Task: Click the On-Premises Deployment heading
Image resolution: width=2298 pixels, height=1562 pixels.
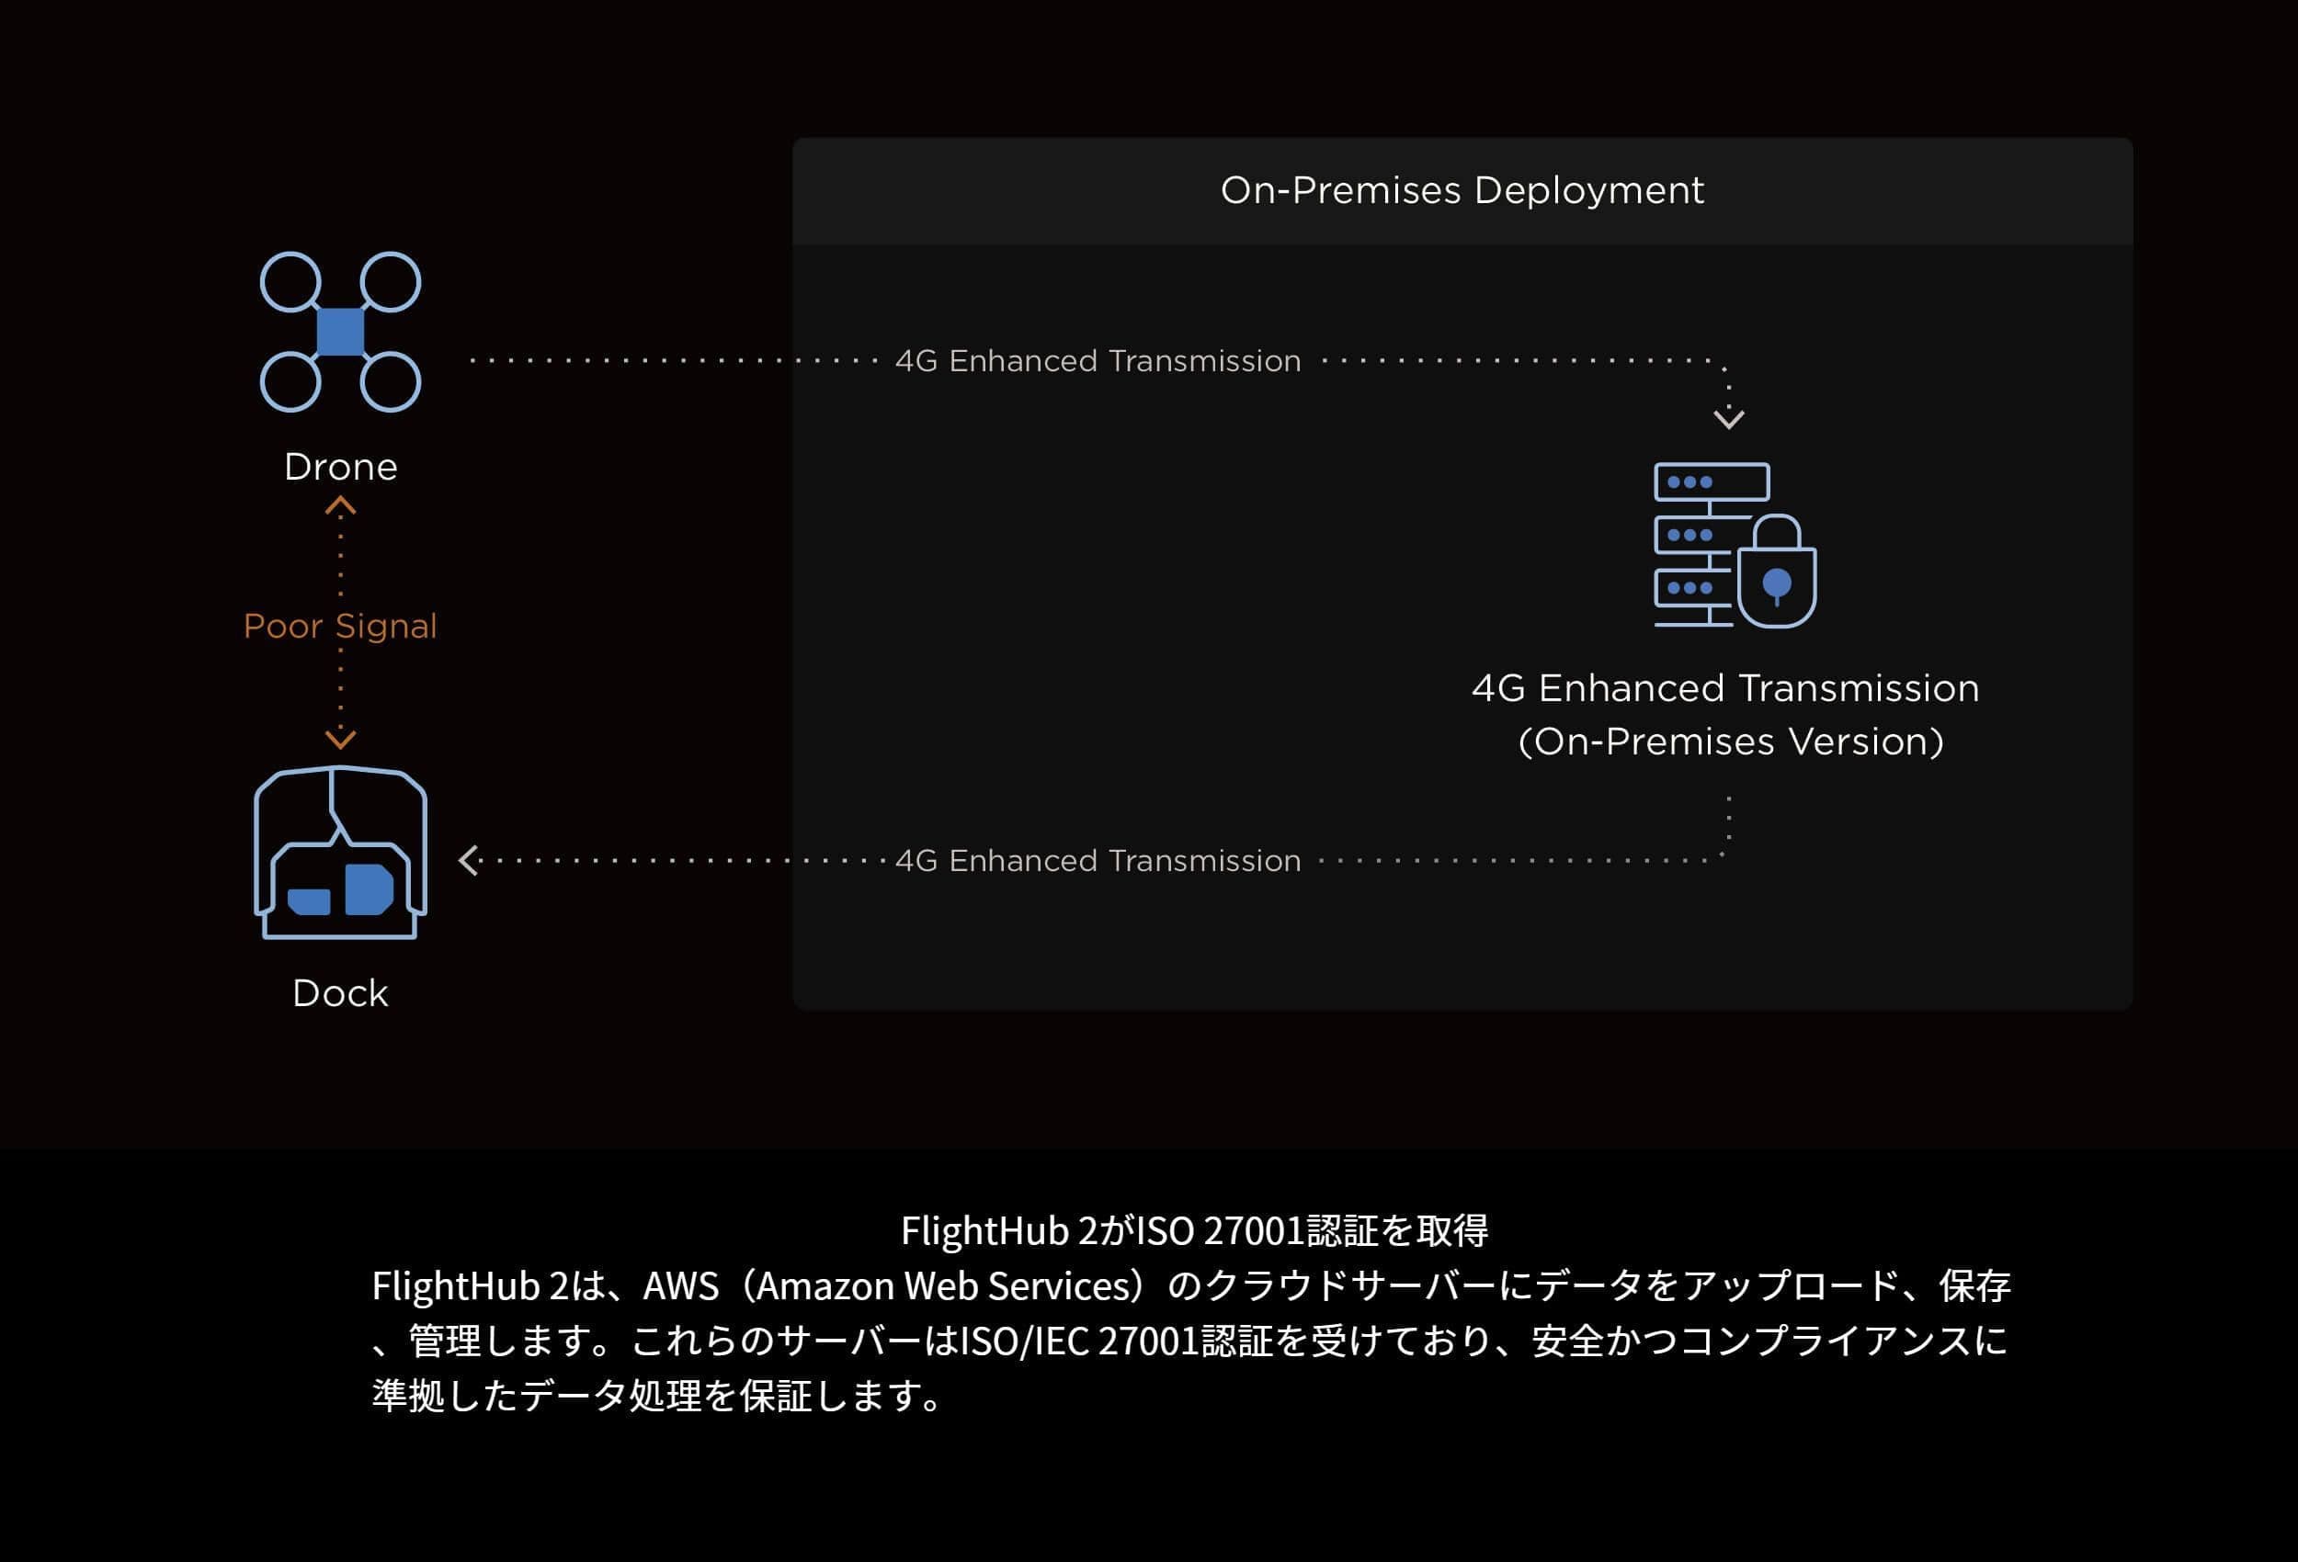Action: tap(1462, 190)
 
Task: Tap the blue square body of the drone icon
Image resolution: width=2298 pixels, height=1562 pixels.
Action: tap(340, 331)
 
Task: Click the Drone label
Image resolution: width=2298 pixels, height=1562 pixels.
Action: tap(340, 467)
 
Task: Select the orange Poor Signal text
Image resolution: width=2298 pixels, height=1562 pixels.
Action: tap(340, 626)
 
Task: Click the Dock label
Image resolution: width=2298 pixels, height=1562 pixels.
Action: tap(340, 992)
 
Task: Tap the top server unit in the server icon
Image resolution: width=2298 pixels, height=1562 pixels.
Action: tap(1712, 482)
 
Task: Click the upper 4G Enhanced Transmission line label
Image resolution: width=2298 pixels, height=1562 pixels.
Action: tap(1098, 361)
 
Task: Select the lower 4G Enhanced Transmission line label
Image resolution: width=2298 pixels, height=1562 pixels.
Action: tap(1098, 861)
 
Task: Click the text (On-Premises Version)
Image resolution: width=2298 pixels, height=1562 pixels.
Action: tap(1731, 741)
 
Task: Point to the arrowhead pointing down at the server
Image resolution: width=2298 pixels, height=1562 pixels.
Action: tap(1728, 419)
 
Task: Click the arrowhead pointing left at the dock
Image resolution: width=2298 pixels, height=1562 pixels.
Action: tap(469, 860)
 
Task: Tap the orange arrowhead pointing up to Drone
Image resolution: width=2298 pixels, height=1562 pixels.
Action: tap(340, 507)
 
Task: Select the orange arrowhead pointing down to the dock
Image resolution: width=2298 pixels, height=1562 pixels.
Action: tap(340, 739)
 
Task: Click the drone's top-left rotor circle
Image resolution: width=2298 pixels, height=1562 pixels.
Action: tap(290, 282)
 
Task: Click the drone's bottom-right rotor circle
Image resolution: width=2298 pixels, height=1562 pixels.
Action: tap(391, 381)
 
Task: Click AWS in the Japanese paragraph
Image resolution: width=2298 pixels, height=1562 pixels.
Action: tap(680, 1286)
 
